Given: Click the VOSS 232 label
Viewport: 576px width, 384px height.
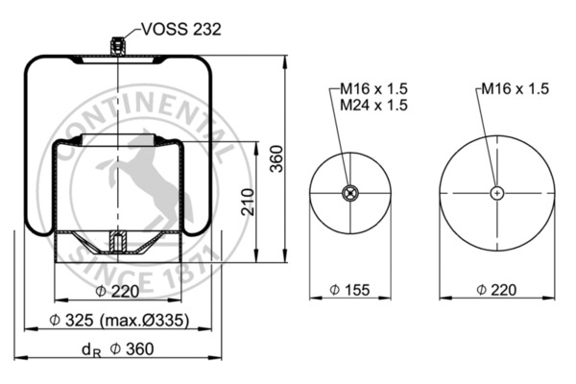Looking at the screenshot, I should coord(181,30).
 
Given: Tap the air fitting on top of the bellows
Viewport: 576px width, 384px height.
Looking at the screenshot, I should coord(117,45).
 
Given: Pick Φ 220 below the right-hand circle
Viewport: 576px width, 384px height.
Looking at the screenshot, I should coord(496,289).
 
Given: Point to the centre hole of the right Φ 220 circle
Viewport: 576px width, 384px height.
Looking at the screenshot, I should coord(496,193).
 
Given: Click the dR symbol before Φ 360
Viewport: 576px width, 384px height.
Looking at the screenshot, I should coord(88,349).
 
